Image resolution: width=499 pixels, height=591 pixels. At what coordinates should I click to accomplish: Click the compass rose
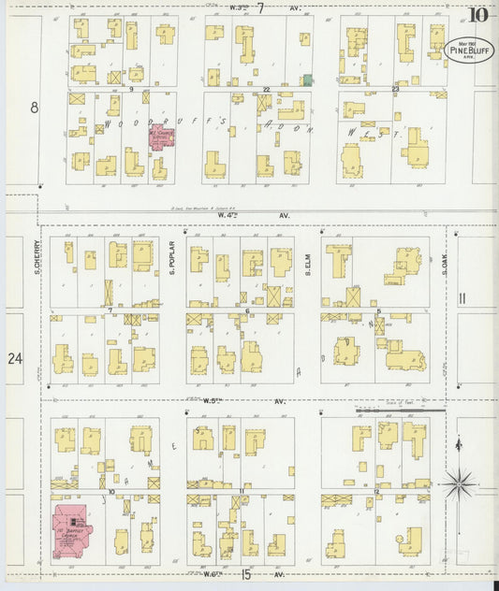459,483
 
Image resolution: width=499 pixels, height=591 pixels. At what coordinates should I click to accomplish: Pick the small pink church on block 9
162,139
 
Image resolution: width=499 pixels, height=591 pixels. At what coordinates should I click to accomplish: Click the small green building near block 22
305,81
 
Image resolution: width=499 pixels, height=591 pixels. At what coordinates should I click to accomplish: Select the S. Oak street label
446,258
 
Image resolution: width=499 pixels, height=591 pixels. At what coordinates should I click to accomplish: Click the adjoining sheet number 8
36,108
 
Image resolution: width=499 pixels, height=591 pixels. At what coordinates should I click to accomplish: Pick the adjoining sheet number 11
462,298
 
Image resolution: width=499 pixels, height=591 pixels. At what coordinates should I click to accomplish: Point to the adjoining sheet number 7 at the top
261,7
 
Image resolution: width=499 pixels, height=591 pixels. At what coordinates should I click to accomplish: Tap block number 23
395,89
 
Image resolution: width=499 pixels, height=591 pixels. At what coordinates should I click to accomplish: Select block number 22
267,89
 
